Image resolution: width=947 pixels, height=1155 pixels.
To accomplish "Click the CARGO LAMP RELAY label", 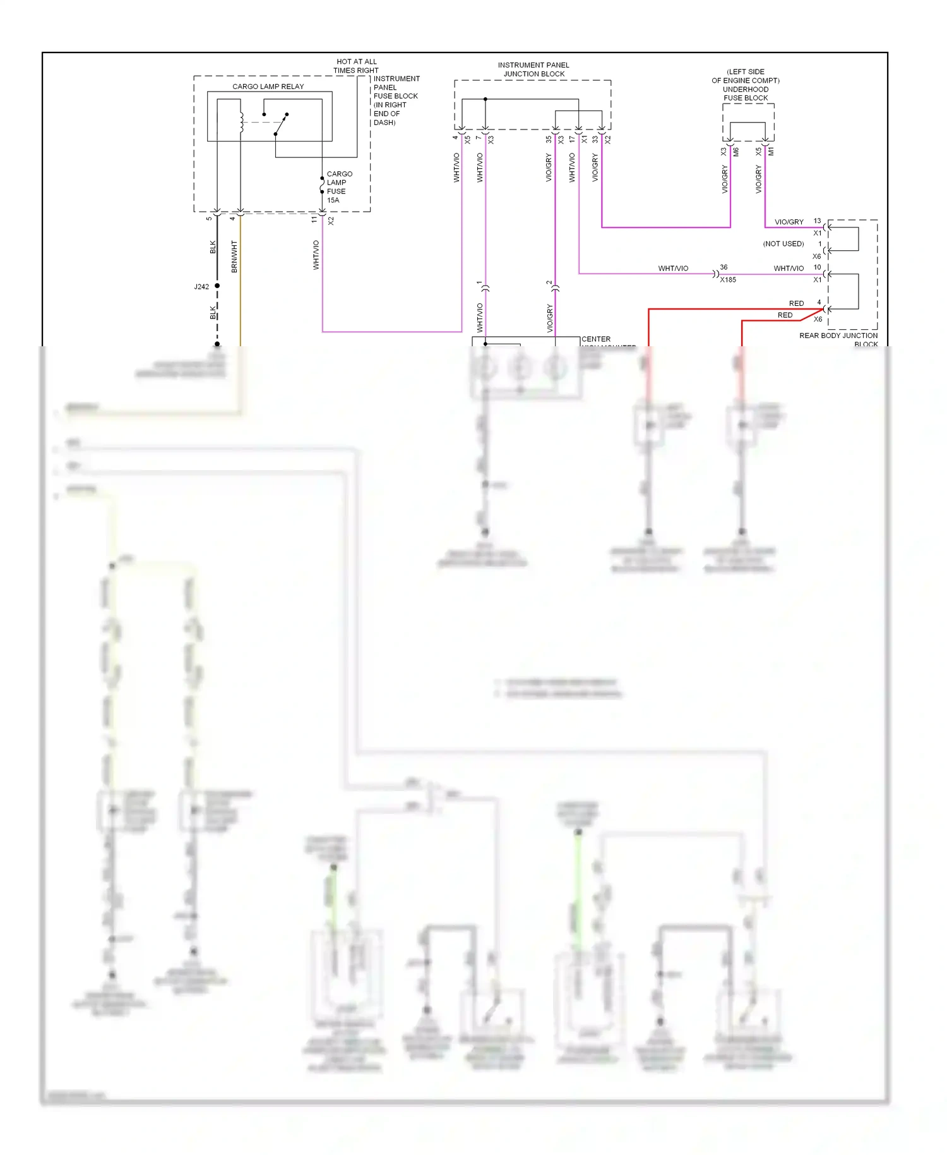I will [x=268, y=87].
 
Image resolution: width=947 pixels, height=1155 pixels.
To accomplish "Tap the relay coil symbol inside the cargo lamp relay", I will [x=241, y=122].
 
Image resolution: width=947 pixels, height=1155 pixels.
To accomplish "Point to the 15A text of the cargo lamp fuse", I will [x=333, y=200].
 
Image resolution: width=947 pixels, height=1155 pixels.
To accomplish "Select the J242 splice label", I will [x=201, y=287].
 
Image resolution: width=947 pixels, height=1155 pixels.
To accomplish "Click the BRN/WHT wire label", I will [x=234, y=257].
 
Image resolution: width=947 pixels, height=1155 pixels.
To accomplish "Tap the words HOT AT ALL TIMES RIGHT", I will [x=356, y=66].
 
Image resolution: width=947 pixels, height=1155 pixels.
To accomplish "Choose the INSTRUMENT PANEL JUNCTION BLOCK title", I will [x=533, y=70].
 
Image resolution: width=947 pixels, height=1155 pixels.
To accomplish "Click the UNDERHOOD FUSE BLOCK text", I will [x=746, y=94].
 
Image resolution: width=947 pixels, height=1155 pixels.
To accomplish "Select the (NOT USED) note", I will [x=783, y=244].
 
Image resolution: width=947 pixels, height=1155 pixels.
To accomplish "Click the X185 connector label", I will [x=728, y=280].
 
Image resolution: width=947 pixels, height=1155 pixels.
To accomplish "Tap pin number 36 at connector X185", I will [x=724, y=267].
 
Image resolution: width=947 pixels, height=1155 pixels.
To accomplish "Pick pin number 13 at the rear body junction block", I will [x=818, y=221].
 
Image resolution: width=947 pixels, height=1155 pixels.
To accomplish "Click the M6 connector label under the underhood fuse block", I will [x=736, y=152].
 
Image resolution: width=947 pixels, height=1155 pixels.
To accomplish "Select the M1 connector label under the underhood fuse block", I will [x=771, y=152].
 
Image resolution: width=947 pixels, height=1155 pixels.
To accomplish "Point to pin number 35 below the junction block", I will [x=549, y=139].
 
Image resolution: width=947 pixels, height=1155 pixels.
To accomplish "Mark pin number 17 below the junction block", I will [x=572, y=139].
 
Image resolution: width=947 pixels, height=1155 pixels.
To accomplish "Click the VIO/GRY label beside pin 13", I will [x=789, y=222].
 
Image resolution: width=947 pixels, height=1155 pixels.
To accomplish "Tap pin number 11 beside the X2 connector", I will [x=314, y=220].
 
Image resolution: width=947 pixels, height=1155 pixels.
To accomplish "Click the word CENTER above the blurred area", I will [x=596, y=339].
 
